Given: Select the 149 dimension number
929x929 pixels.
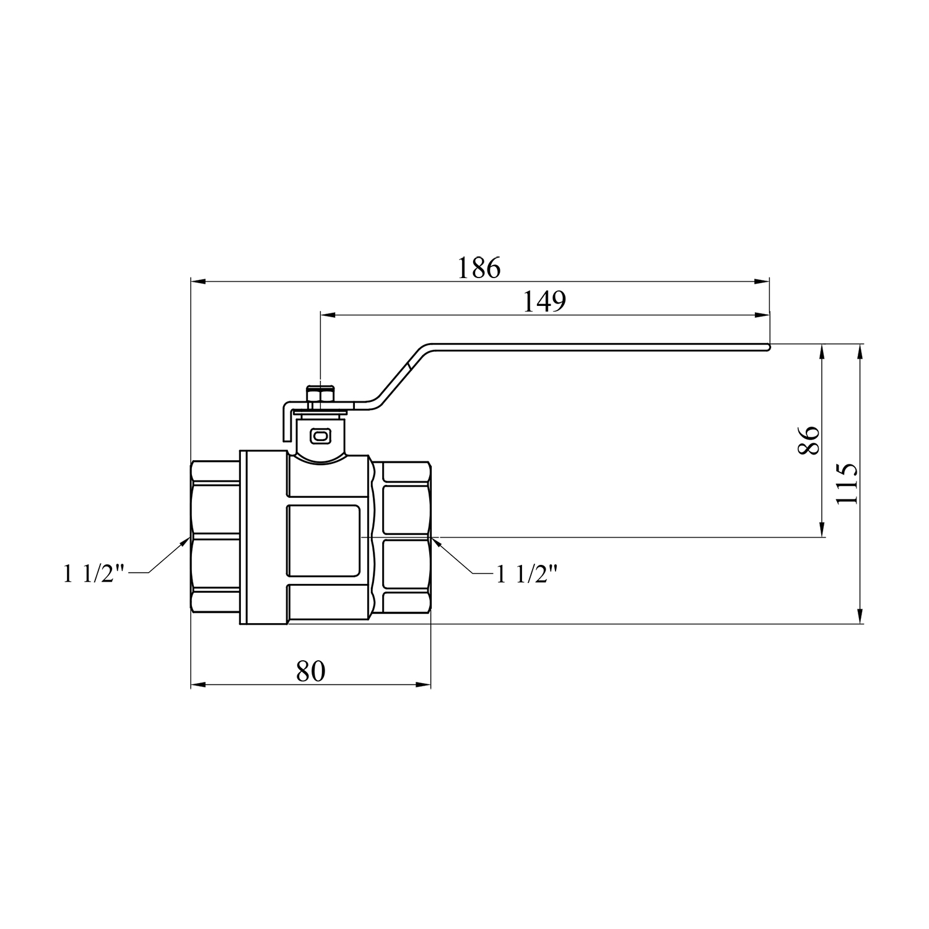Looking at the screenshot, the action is click(544, 302).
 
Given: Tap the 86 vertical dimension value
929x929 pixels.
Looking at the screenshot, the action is click(809, 440).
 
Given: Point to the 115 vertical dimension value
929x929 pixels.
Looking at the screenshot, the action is click(846, 484).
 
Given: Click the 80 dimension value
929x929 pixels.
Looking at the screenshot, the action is click(310, 671).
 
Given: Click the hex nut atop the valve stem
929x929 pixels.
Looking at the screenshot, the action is click(321, 397).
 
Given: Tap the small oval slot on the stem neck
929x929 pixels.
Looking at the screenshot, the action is click(320, 437).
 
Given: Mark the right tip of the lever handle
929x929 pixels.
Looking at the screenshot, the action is click(770, 347).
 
